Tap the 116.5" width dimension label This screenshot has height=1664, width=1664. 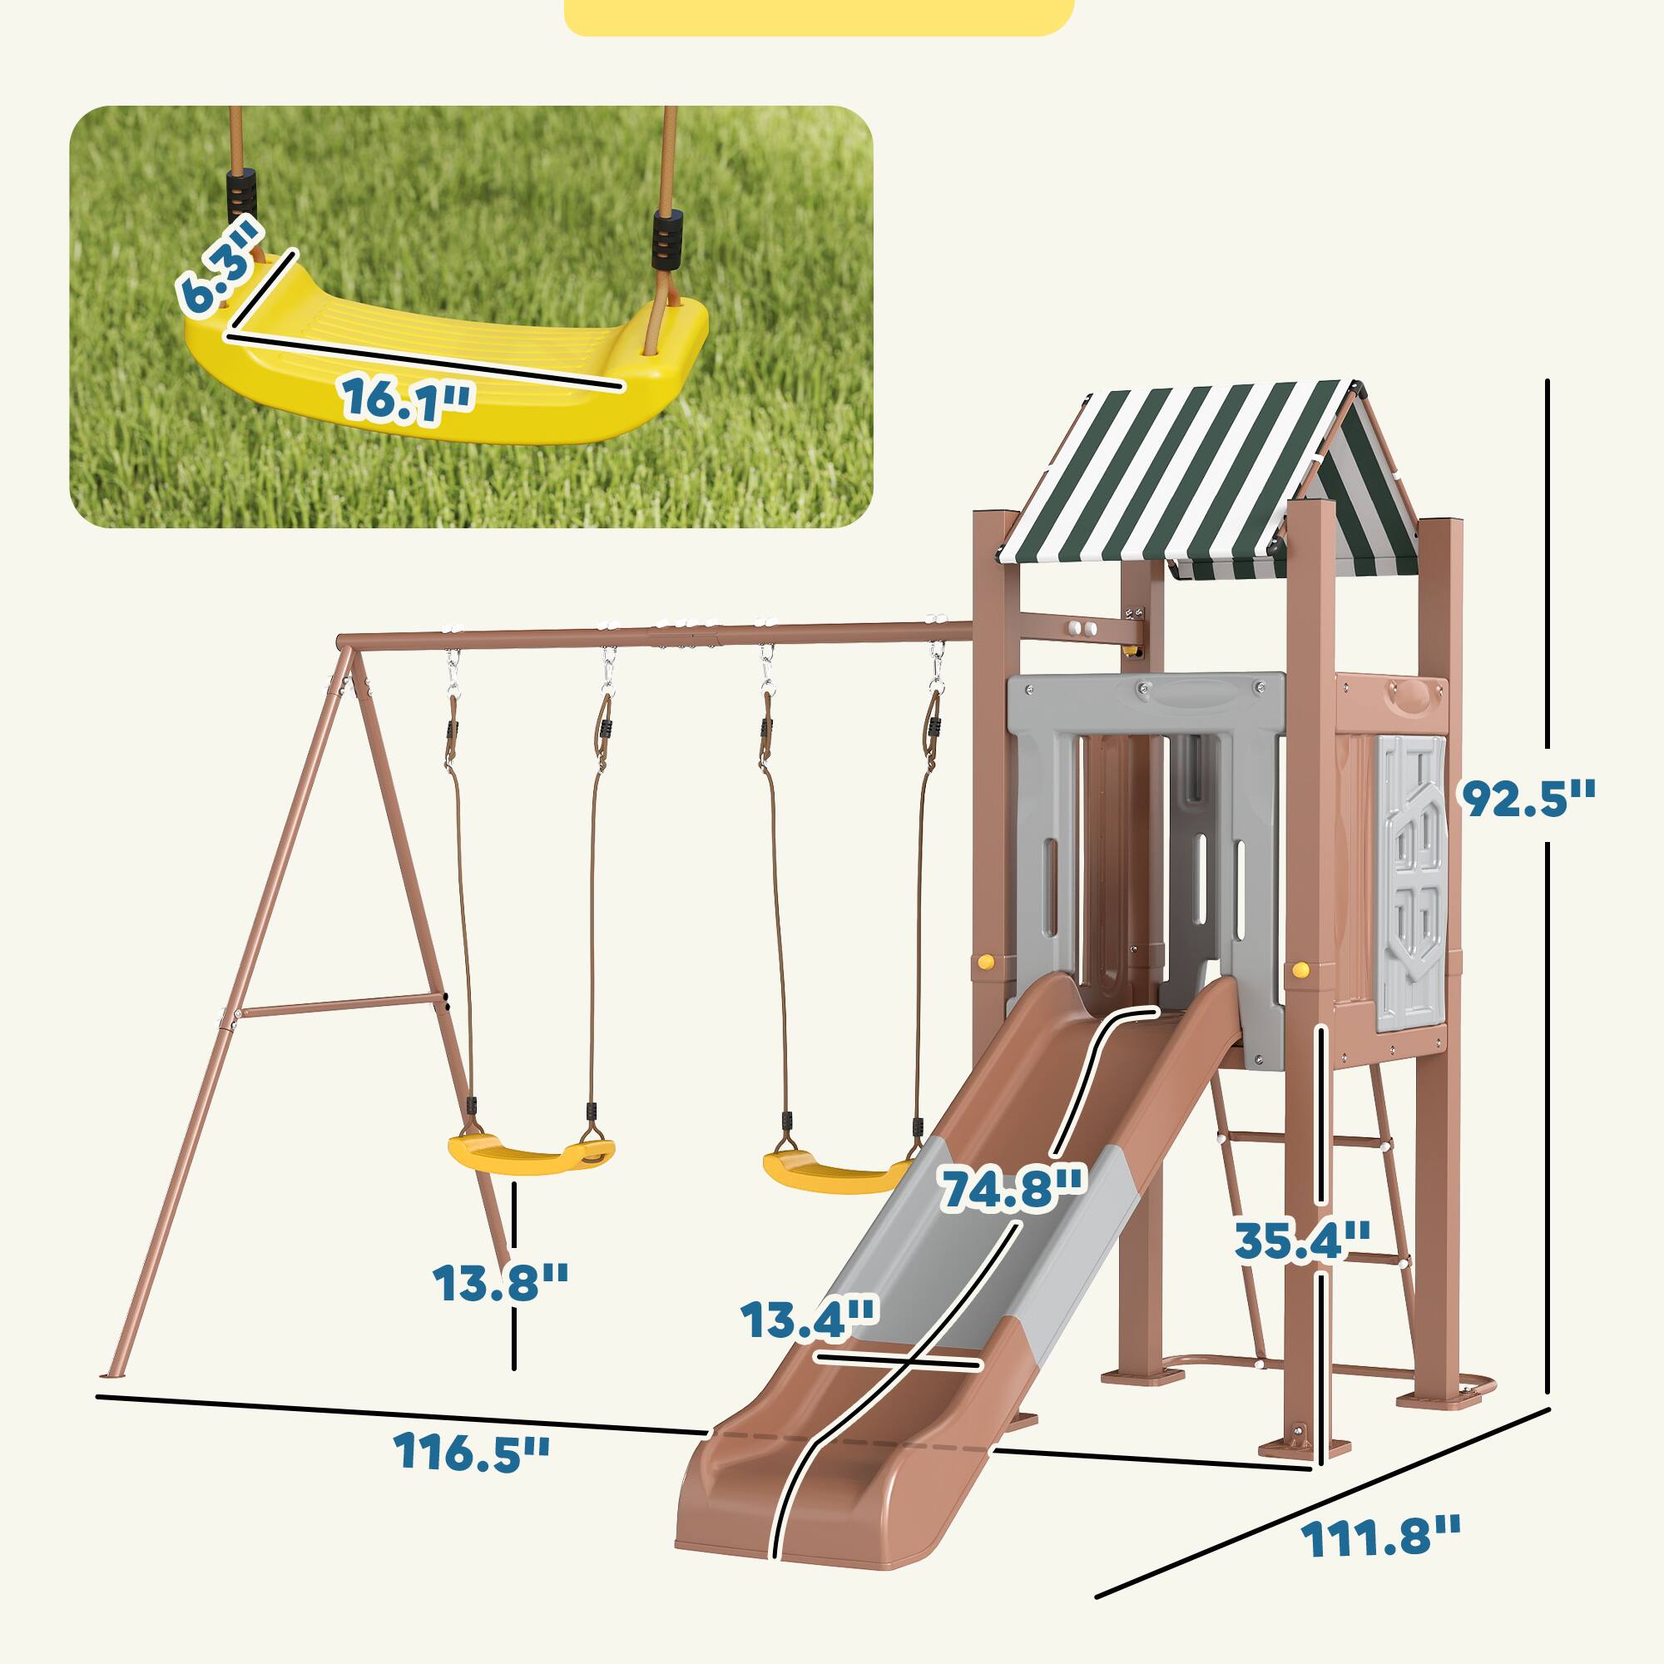click(x=472, y=1452)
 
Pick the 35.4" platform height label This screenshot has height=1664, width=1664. click(x=1301, y=1241)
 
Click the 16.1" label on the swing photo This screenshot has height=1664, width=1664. click(x=409, y=398)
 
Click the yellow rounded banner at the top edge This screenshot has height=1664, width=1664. click(x=818, y=16)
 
